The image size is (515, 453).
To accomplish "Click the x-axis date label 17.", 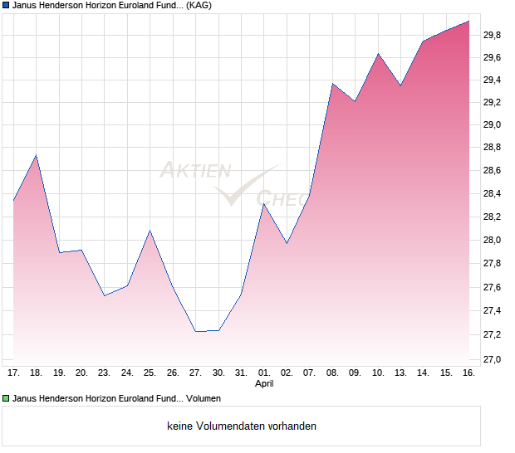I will point(13,373).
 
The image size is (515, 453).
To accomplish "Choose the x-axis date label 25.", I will point(150,373).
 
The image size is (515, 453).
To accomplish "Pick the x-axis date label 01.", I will point(263,373).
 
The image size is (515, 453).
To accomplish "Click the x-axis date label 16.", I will point(468,373).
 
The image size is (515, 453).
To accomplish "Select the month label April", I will point(263,384).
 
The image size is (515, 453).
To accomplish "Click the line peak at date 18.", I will point(36,155).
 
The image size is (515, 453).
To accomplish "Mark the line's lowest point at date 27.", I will point(195,331).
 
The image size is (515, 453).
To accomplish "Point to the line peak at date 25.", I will point(150,231).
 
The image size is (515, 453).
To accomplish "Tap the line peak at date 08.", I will point(332,84).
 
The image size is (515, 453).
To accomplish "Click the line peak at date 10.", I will point(378,54).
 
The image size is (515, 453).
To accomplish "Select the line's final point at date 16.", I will point(468,22).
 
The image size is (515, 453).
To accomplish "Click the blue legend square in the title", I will point(6,6).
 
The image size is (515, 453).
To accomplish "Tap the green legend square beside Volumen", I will point(6,398).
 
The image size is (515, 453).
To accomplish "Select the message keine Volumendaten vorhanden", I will point(242,426).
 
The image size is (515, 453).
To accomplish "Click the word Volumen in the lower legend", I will point(202,398).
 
